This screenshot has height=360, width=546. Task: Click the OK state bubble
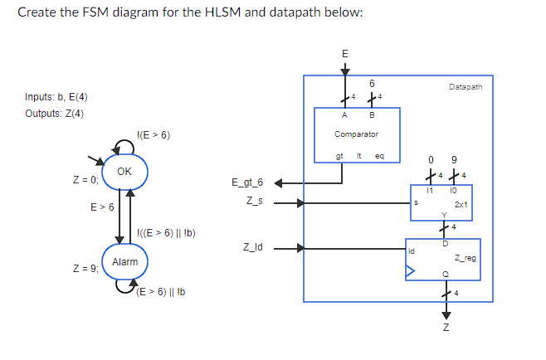coord(124,172)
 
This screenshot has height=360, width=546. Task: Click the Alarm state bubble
coord(124,261)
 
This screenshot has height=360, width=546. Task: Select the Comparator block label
coord(356,134)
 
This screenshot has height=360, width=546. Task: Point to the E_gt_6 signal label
coord(246,182)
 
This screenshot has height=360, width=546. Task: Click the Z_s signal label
coord(253,201)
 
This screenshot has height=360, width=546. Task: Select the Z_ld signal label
coord(252,246)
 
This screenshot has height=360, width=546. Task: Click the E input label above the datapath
coord(345,54)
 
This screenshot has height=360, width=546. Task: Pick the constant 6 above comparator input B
coord(372,83)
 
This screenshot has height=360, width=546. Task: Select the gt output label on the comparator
coord(339,156)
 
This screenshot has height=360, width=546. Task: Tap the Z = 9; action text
coord(85,269)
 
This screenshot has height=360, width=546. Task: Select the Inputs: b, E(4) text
coord(56,98)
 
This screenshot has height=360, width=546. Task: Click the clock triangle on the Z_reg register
coord(409,270)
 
